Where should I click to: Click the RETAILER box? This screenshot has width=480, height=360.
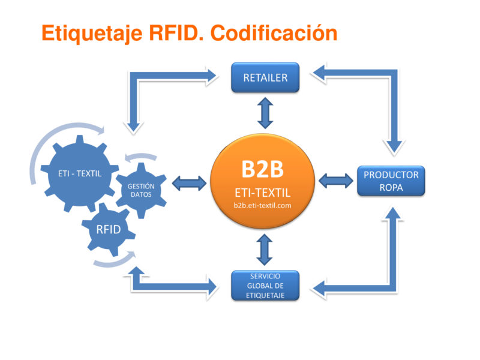tap(265, 77)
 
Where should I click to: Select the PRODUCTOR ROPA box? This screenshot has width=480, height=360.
tap(391, 181)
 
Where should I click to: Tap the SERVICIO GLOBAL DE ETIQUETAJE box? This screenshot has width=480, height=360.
tap(265, 286)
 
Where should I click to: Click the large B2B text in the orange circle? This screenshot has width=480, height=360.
tap(263, 169)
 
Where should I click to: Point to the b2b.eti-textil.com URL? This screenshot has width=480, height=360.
tap(262, 205)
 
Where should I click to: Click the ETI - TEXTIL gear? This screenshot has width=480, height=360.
tap(80, 173)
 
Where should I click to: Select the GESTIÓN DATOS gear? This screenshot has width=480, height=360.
tap(141, 190)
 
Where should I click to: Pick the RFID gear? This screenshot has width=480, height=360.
tap(109, 229)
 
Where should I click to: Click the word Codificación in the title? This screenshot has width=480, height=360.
tap(274, 33)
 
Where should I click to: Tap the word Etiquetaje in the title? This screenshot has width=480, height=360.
tap(92, 34)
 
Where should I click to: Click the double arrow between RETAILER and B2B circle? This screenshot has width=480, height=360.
tap(265, 113)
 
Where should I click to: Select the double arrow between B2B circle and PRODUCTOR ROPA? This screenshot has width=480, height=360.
tap(336, 181)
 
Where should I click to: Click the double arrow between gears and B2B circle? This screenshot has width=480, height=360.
tap(189, 184)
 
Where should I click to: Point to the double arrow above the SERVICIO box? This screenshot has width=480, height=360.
tap(265, 250)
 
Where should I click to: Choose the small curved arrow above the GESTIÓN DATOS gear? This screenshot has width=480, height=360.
tap(141, 156)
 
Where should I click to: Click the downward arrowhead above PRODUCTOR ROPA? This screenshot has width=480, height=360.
tap(394, 146)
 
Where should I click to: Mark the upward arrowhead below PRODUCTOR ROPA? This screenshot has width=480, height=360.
tap(393, 214)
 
